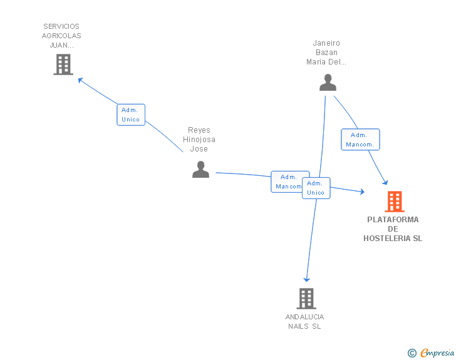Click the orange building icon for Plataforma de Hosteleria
394,202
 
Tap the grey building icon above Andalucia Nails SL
306,299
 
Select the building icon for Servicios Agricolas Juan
63,64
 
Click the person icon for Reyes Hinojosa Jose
200,169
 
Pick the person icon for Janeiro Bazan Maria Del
327,83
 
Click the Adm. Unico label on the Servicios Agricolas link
131,115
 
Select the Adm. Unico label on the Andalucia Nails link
316,188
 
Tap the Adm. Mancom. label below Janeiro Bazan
360,140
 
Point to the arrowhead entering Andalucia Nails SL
306,279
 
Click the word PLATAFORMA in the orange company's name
393,220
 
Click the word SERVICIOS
61,26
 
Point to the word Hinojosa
199,140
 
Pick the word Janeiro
326,43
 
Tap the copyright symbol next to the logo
412,353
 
